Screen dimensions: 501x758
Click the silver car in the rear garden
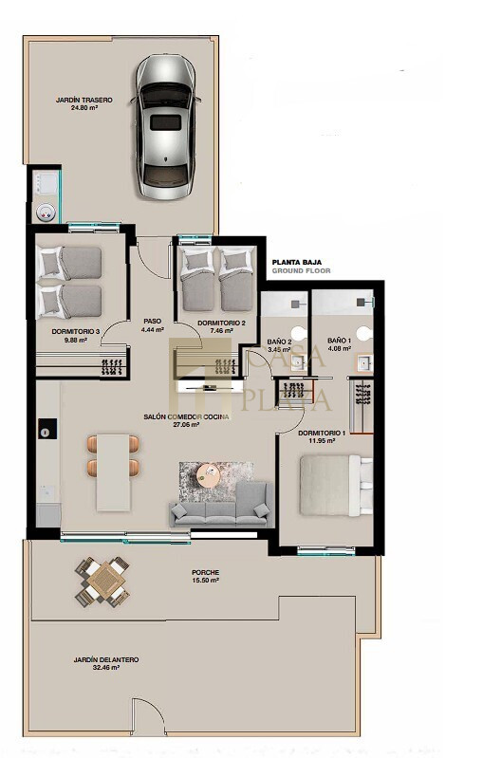tap(165, 127)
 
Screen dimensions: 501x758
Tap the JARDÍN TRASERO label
tap(84, 100)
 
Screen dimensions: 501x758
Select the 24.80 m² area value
tap(84, 108)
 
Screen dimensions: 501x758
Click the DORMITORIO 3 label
tap(76, 332)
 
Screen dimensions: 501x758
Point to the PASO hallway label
tap(153, 321)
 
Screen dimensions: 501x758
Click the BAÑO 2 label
tap(280, 342)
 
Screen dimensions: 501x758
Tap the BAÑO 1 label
tap(340, 341)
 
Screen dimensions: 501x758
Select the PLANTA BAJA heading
tap(297, 262)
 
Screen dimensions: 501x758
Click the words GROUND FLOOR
tap(302, 270)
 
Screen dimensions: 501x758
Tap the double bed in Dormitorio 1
tap(336, 485)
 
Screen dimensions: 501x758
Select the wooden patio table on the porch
tap(102, 582)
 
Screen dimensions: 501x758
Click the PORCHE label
tap(206, 572)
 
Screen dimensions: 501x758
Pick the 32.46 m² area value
tap(106, 668)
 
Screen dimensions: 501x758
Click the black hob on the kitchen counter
tap(47, 429)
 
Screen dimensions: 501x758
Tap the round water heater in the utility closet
tap(46, 213)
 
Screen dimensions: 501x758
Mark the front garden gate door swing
tap(149, 714)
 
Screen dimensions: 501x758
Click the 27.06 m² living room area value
tap(187, 425)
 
